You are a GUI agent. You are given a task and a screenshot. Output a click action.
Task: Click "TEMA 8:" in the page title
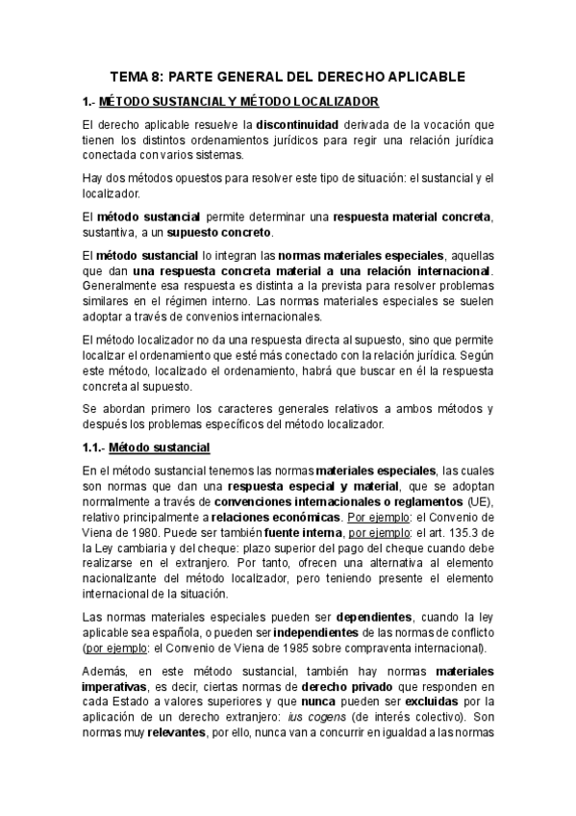[x=138, y=76]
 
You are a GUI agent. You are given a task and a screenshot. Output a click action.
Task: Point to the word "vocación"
[x=465, y=125]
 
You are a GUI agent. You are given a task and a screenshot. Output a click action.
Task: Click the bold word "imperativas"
[x=119, y=691]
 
